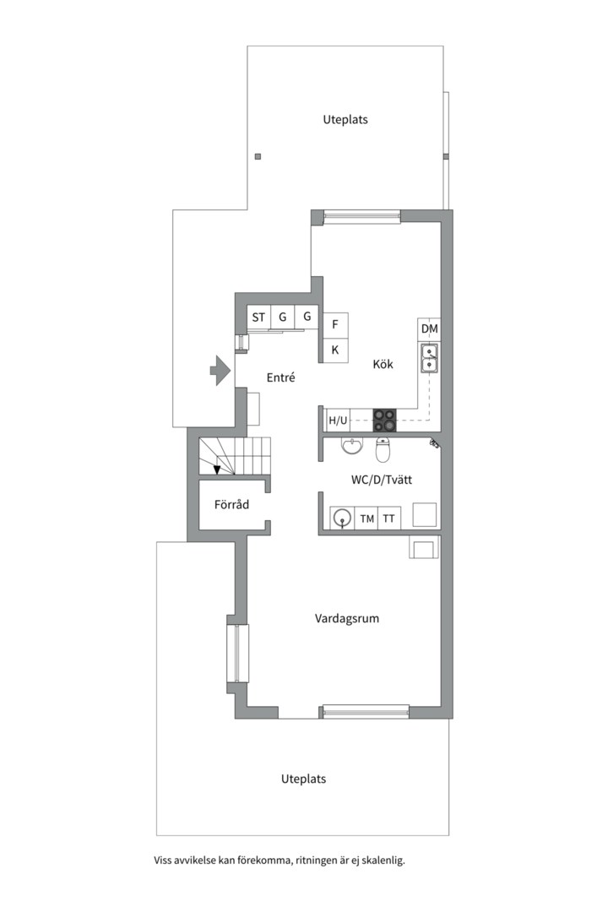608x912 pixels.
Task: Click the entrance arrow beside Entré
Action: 220,370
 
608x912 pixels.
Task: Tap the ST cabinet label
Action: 258,317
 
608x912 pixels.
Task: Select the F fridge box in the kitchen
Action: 336,324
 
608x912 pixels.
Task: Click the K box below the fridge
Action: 336,350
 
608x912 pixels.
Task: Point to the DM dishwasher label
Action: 429,328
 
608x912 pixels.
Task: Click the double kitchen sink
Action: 430,358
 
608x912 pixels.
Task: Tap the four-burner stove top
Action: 384,421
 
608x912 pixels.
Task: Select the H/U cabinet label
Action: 338,421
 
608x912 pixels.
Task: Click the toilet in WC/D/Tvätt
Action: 383,449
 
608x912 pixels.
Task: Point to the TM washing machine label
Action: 367,518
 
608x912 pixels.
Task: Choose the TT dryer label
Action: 388,518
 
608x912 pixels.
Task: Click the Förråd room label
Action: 231,504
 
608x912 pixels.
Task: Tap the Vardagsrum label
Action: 347,618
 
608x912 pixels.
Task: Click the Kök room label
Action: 383,364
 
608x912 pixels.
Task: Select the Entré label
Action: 281,377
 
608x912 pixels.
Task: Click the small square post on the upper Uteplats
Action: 258,156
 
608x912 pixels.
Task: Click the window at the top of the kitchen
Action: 362,217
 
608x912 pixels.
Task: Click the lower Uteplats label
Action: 304,779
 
